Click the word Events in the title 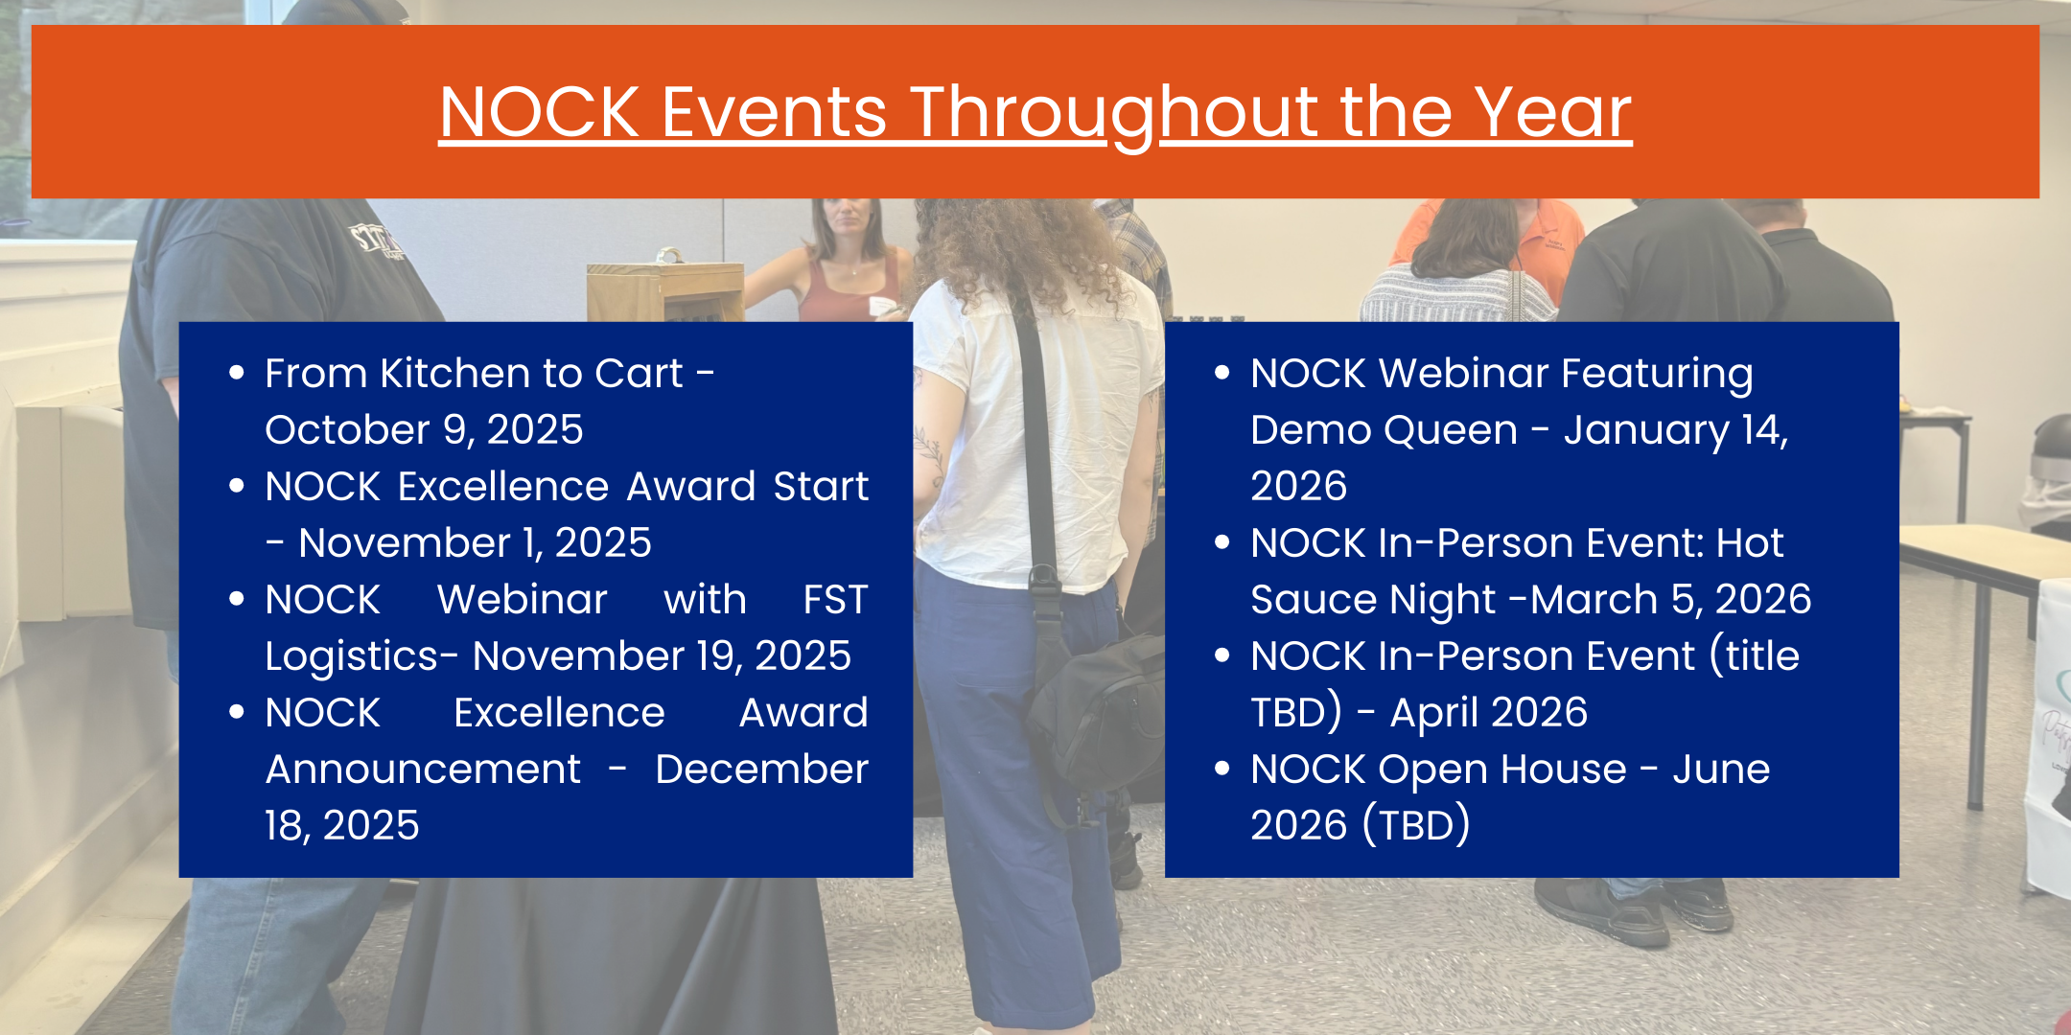pyautogui.click(x=774, y=112)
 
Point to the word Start pyautogui.click(x=821, y=486)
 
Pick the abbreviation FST pyautogui.click(x=835, y=599)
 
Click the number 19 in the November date pyautogui.click(x=715, y=655)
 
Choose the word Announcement pyautogui.click(x=423, y=769)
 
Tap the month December pyautogui.click(x=761, y=769)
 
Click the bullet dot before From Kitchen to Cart pyautogui.click(x=237, y=373)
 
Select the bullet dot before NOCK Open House pyautogui.click(x=1222, y=769)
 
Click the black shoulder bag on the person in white pyautogui.click(x=1093, y=709)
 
